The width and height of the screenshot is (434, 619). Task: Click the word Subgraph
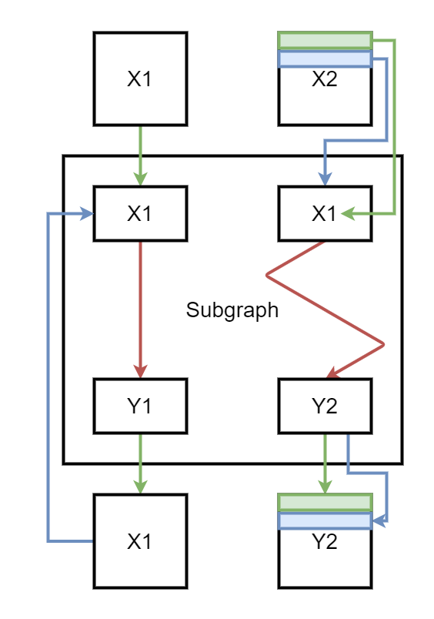[x=232, y=310]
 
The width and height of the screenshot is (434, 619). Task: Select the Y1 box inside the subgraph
[x=141, y=406]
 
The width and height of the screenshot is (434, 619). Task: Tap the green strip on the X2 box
[x=325, y=40]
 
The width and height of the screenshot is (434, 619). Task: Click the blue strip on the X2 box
[x=325, y=59]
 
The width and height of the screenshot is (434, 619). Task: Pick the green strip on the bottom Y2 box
[x=325, y=503]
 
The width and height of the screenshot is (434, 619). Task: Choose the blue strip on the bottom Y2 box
[x=325, y=521]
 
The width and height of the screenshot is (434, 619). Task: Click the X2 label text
[x=325, y=79]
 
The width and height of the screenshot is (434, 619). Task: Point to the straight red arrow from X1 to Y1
[x=141, y=310]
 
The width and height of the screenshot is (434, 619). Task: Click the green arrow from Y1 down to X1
[x=141, y=463]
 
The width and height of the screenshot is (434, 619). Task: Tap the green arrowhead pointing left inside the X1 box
[x=348, y=213]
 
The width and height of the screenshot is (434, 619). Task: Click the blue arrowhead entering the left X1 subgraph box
[x=87, y=213]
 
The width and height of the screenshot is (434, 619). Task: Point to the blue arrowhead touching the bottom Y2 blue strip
[x=379, y=521]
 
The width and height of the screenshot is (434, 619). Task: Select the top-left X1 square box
[x=141, y=79]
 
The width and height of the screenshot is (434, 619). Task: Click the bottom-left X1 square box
[x=141, y=541]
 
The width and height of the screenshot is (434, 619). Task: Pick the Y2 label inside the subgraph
[x=325, y=406]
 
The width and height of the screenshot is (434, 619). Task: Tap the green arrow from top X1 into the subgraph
[x=141, y=156]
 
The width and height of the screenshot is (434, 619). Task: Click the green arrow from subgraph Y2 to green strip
[x=325, y=463]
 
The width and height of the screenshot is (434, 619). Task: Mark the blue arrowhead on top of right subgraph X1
[x=325, y=179]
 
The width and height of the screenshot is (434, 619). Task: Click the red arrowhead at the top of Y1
[x=141, y=371]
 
